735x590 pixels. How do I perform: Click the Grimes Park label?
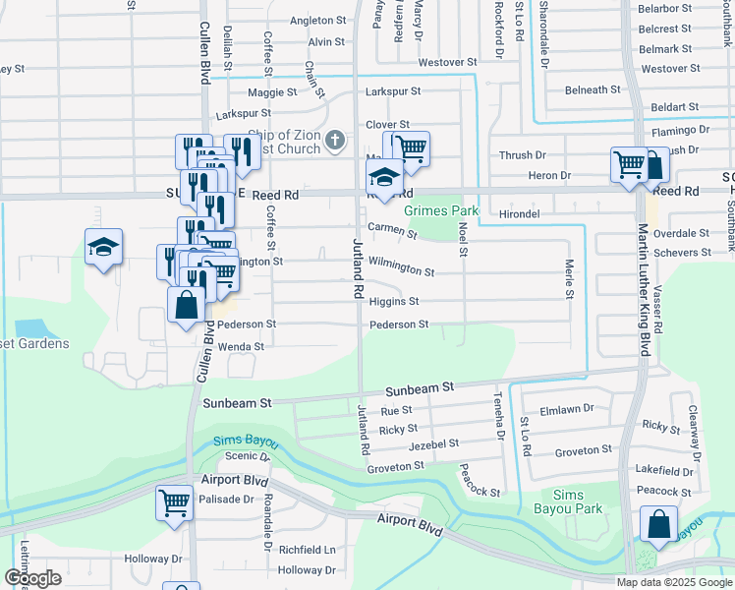click(440, 210)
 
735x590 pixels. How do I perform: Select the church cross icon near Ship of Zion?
click(335, 140)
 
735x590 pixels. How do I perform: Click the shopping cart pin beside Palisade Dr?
click(174, 502)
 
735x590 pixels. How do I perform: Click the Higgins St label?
click(394, 302)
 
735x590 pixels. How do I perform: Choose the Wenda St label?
click(241, 347)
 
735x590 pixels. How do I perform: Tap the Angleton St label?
click(319, 20)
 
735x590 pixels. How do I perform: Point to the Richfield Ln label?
click(307, 550)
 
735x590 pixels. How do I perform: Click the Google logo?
click(32, 578)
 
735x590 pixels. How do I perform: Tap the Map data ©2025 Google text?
click(673, 582)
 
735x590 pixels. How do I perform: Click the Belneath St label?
click(593, 89)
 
